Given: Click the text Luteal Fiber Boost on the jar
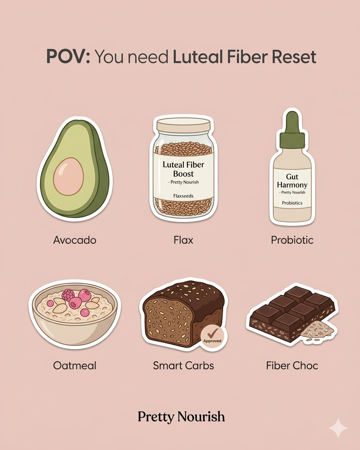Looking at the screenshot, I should coord(183,169).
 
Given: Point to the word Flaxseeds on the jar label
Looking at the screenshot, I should coord(183,196).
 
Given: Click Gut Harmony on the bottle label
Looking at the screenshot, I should coord(292,181).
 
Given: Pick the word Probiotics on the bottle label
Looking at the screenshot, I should coord(292,203).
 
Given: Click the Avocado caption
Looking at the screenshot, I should coord(75,239).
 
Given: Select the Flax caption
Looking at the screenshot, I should coord(183,239).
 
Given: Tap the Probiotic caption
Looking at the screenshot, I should coord(292,239).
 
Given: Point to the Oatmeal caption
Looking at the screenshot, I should coord(75,366).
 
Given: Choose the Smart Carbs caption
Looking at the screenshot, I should coord(183,366).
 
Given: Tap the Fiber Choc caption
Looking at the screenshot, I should coord(292,366).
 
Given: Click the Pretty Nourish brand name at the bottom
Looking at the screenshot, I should coord(181,416).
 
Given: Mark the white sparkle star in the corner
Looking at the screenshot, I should coord(338,429).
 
